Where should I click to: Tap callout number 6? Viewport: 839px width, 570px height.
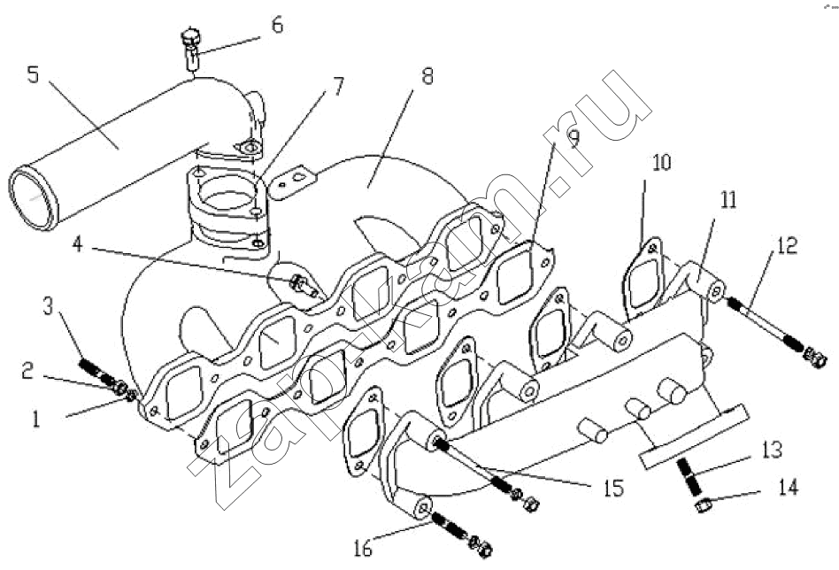(x=278, y=25)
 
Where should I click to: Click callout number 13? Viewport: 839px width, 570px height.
(x=772, y=451)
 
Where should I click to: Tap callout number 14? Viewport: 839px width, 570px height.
(x=787, y=486)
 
